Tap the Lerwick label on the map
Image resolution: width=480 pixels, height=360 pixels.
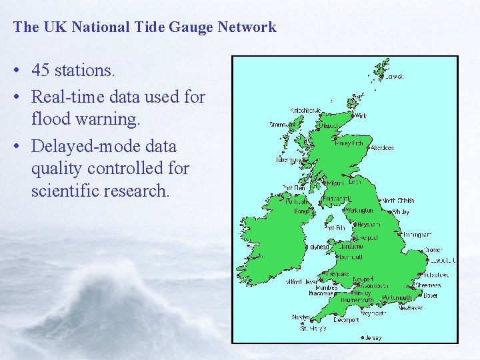(394, 77)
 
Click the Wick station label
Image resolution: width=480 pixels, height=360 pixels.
(361, 115)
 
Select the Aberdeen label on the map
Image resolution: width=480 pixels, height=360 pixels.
(382, 148)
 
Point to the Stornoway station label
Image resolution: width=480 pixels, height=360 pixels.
(281, 124)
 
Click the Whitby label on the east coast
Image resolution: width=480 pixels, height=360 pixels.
(400, 212)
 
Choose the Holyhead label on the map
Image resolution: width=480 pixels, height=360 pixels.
(317, 247)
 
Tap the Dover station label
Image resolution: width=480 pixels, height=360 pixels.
(431, 295)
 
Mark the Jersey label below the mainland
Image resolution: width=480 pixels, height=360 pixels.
(373, 338)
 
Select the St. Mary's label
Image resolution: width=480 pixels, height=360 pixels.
(313, 328)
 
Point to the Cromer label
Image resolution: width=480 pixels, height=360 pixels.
(433, 251)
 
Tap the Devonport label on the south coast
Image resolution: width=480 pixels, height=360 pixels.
(346, 320)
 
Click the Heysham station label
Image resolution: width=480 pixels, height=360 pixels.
(368, 225)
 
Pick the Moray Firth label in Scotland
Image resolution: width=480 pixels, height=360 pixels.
(349, 143)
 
